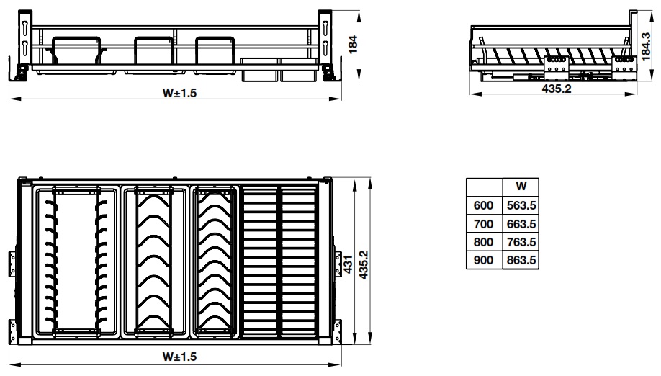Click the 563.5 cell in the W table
521,205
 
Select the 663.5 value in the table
521,224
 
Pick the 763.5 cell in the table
521,242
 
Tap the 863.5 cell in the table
521,260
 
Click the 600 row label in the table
484,205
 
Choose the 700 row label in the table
484,224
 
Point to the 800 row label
484,242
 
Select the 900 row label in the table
484,260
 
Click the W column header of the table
521,187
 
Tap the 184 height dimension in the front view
353,44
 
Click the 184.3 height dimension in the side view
647,47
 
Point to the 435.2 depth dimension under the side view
557,89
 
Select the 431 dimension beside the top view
349,264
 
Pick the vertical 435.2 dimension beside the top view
364,265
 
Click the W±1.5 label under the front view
179,93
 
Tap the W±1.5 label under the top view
179,357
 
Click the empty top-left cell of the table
485,187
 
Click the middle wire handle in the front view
154,50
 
